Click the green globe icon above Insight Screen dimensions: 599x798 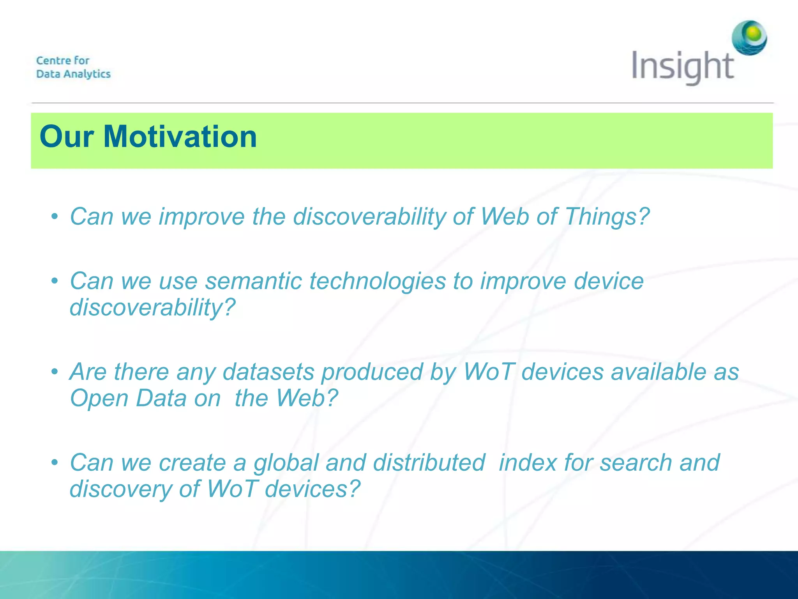pyautogui.click(x=749, y=38)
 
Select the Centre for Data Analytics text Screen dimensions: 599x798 pyautogui.click(x=73, y=67)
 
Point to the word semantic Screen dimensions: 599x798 pyautogui.click(x=253, y=281)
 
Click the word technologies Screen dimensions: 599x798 pyautogui.click(x=377, y=281)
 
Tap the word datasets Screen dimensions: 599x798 pyautogui.click(x=268, y=372)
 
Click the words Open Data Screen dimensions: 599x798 pyautogui.click(x=128, y=398)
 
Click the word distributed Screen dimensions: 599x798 pyautogui.click(x=429, y=463)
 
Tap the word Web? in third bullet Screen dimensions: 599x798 pyautogui.click(x=307, y=398)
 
